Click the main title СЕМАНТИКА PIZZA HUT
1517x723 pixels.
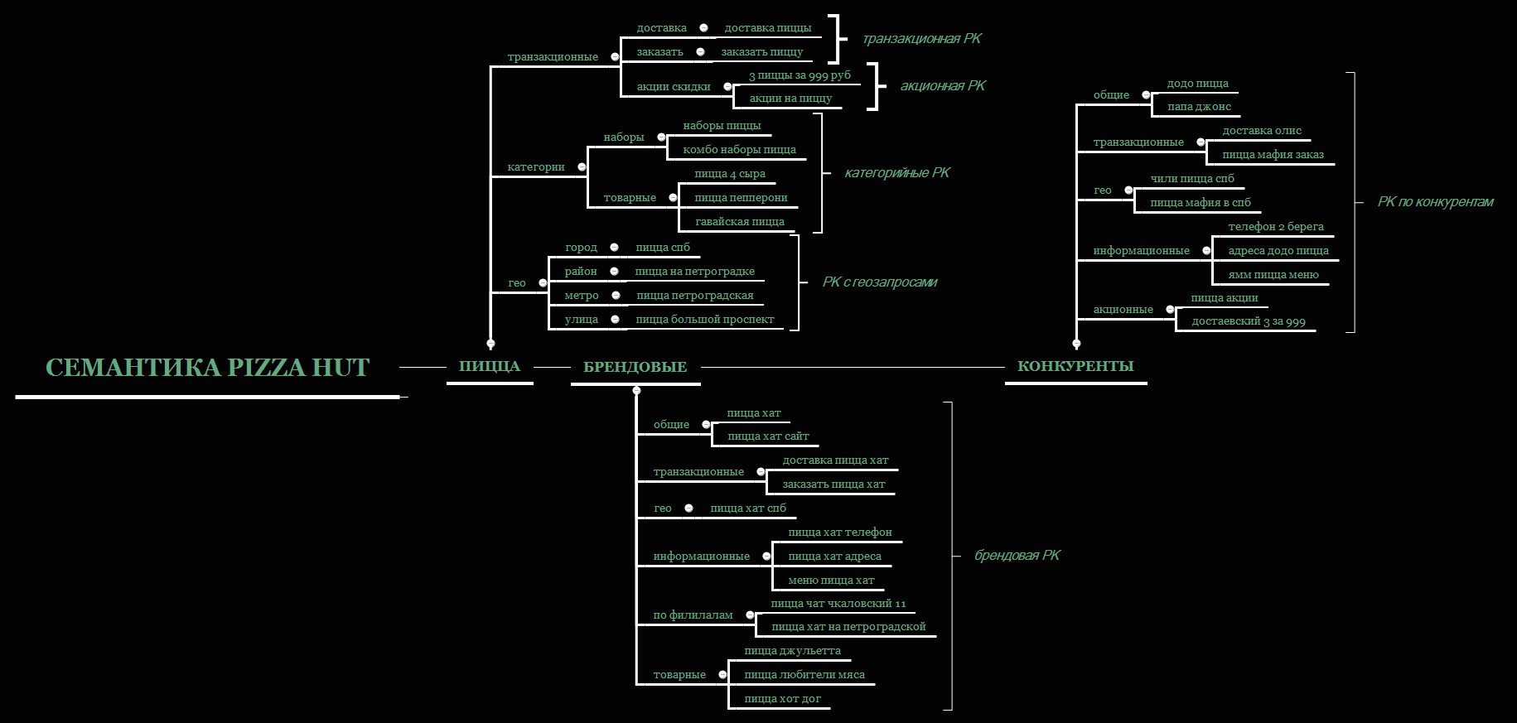click(207, 368)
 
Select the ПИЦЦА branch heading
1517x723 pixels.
click(490, 366)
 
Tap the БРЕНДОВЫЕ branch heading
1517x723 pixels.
click(635, 367)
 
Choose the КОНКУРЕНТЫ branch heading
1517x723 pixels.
click(1075, 366)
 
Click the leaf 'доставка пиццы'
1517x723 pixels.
click(767, 28)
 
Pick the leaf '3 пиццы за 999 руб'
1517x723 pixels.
click(800, 75)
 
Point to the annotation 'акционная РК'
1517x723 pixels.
click(943, 85)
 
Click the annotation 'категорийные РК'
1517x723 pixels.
click(897, 173)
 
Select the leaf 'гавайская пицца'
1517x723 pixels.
click(739, 222)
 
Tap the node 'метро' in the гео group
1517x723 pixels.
click(582, 296)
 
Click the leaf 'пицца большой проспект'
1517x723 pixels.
click(704, 320)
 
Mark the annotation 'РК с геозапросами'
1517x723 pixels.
click(880, 282)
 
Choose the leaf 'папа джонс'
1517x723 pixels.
click(1199, 107)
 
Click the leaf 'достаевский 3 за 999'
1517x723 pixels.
click(1248, 322)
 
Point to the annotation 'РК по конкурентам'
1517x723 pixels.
click(1435, 202)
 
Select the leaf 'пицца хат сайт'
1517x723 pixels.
click(768, 436)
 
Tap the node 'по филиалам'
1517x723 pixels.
click(693, 615)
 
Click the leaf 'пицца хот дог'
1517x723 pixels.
click(782, 699)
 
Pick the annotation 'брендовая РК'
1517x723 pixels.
click(1017, 556)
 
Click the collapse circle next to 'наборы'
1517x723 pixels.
click(661, 137)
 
